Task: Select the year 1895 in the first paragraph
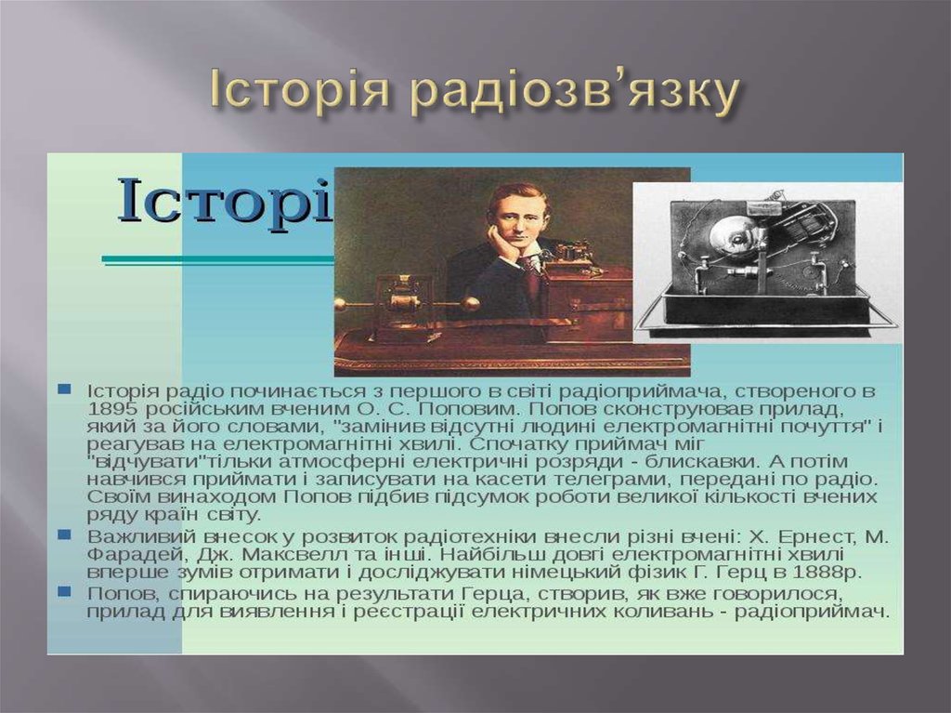tap(113, 408)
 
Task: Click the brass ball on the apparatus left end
tap(341, 304)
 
